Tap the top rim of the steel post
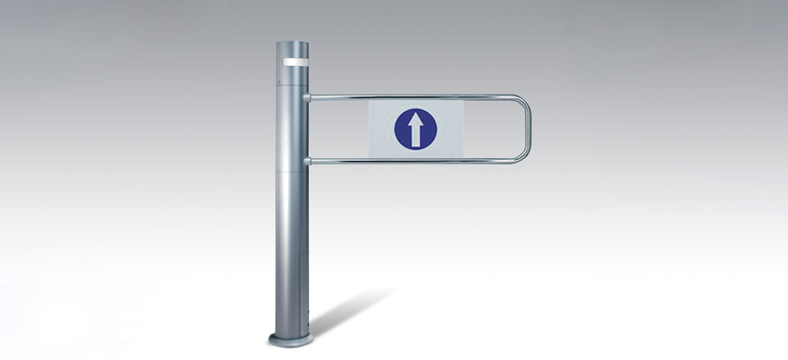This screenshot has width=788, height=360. tap(292, 42)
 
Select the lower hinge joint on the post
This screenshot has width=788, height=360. tap(307, 161)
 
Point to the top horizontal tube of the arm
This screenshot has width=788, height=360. tap(414, 96)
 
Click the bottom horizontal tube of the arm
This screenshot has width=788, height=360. tap(414, 161)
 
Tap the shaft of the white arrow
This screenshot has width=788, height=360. tap(416, 136)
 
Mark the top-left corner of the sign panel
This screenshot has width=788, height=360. tap(369, 101)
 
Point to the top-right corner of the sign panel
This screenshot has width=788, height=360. tap(463, 101)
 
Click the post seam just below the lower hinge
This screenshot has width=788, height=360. tap(292, 172)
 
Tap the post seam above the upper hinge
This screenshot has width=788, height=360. tap(292, 83)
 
